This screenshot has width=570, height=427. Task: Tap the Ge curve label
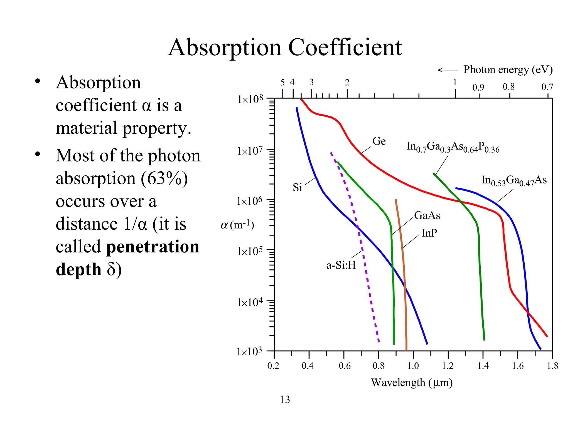(x=379, y=141)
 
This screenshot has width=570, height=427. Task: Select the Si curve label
(x=297, y=188)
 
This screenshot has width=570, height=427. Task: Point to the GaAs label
(x=427, y=215)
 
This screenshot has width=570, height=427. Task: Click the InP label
(x=429, y=233)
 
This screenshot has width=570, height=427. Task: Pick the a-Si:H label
(x=341, y=265)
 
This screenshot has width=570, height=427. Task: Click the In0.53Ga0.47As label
(x=514, y=181)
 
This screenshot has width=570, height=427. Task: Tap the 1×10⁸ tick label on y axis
(x=250, y=99)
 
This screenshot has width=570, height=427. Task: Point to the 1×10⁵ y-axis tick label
(x=249, y=251)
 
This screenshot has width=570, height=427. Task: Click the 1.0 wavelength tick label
(x=413, y=366)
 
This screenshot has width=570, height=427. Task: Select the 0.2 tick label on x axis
(x=273, y=366)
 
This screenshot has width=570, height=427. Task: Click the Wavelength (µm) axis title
(x=412, y=383)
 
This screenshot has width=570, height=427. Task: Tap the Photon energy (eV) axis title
(x=508, y=69)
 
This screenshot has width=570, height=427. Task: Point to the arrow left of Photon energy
(x=448, y=70)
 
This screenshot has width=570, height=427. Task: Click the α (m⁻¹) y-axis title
(x=237, y=225)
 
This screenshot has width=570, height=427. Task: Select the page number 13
(x=285, y=400)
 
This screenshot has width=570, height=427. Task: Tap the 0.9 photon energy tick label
(x=478, y=88)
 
